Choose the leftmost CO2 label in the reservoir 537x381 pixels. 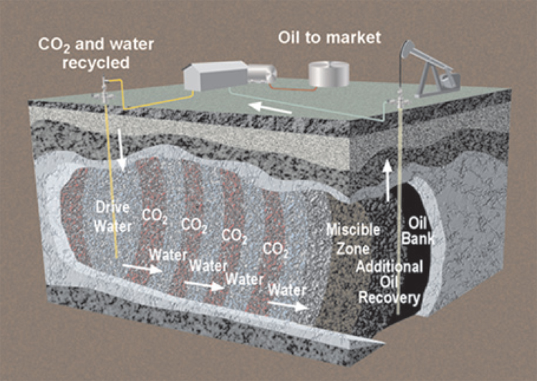[154, 214]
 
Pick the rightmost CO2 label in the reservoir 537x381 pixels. [276, 249]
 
